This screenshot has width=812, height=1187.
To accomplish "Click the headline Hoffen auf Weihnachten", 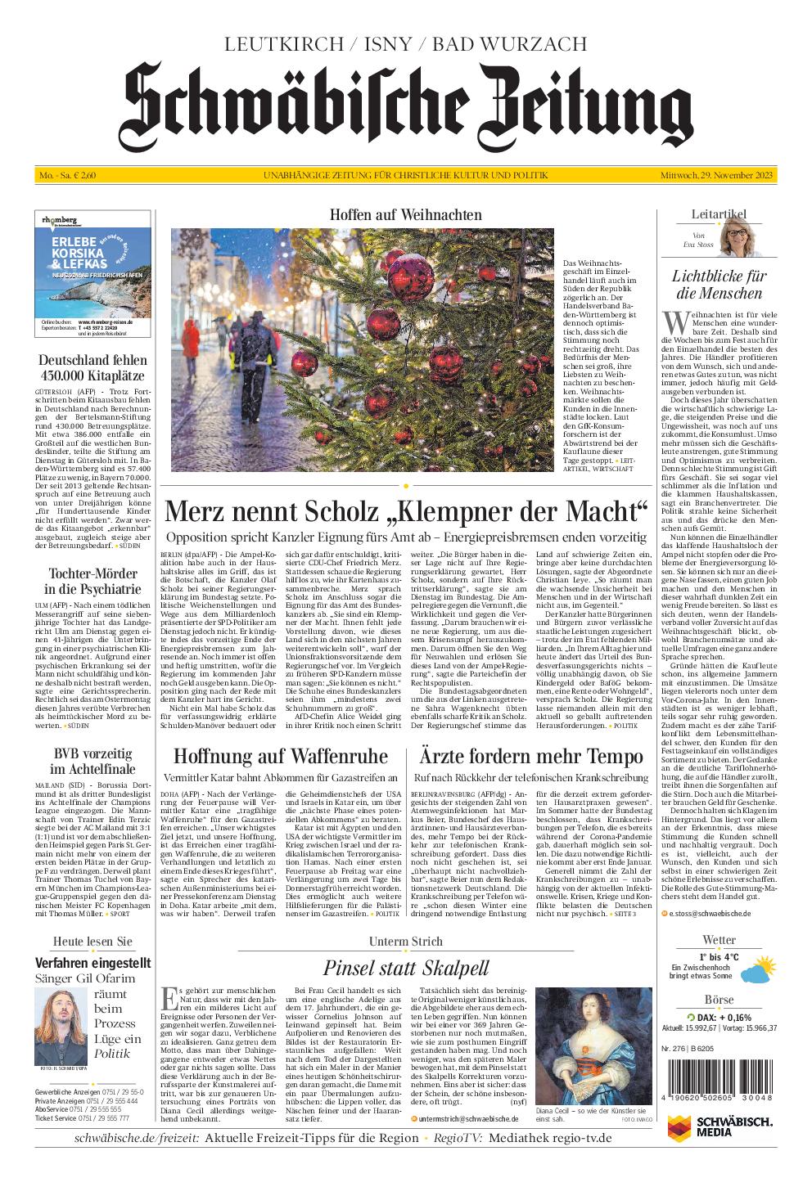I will (x=405, y=214).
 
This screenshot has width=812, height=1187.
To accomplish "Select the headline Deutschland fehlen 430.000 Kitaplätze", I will (x=92, y=367).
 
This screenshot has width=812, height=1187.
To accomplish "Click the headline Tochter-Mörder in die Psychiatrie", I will (x=92, y=582).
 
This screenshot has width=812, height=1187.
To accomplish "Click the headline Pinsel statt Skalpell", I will (x=405, y=968).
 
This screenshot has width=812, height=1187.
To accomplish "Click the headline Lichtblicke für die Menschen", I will (x=718, y=285).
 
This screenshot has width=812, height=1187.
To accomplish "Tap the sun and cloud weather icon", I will (x=756, y=972).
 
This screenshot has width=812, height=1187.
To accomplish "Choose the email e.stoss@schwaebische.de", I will (x=710, y=912).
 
